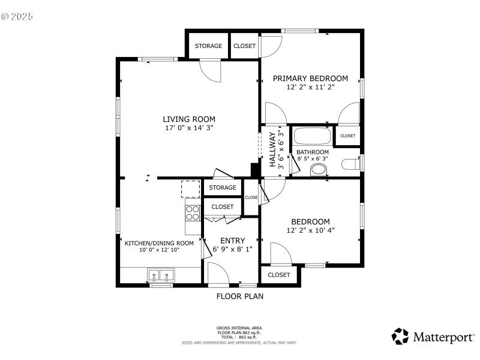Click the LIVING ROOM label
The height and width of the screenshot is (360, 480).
pyautogui.click(x=189, y=119)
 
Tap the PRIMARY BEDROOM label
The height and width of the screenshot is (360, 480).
pyautogui.click(x=310, y=78)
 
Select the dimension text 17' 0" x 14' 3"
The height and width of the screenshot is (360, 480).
pyautogui.click(x=189, y=128)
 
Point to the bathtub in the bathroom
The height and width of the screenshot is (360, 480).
pyautogui.click(x=311, y=136)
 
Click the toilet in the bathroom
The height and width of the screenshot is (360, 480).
pyautogui.click(x=350, y=163)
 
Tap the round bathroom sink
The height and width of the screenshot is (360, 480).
pyautogui.click(x=318, y=170)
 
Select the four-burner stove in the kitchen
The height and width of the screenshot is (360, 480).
pyautogui.click(x=193, y=213)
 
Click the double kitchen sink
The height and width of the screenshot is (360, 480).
pyautogui.click(x=160, y=276)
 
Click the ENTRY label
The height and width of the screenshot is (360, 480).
pyautogui.click(x=232, y=241)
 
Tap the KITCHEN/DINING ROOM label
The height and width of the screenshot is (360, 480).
pyautogui.click(x=159, y=243)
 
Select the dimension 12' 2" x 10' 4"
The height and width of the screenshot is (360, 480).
pyautogui.click(x=310, y=230)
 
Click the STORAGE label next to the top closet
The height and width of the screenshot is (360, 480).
pyautogui.click(x=208, y=46)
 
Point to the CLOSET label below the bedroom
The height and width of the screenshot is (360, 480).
pyautogui.click(x=279, y=275)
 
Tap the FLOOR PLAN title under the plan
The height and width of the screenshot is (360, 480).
pyautogui.click(x=239, y=296)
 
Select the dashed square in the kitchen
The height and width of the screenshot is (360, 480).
pyautogui.click(x=191, y=188)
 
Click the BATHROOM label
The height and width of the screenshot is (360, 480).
pyautogui.click(x=313, y=152)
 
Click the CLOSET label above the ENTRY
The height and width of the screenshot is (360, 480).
pyautogui.click(x=223, y=206)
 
